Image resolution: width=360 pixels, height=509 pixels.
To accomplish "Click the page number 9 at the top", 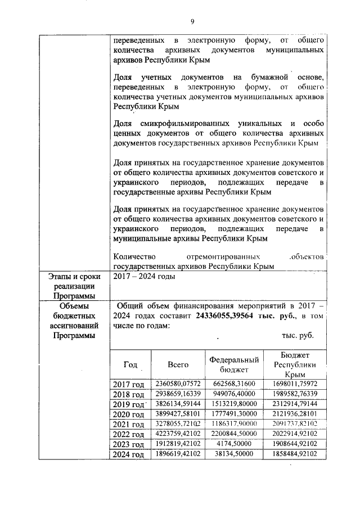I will tap(192, 21).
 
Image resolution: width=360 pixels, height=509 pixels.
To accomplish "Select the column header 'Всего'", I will tap(178, 364).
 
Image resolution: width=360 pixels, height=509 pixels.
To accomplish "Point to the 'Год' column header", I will tap(130, 364).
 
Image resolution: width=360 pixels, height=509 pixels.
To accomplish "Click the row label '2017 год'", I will tap(129, 384).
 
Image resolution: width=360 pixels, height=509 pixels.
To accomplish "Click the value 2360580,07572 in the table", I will tap(178, 384).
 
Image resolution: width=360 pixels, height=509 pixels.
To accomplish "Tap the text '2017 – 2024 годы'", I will tap(145, 277).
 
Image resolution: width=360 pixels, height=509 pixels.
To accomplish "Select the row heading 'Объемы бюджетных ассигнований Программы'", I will tap(71, 321).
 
